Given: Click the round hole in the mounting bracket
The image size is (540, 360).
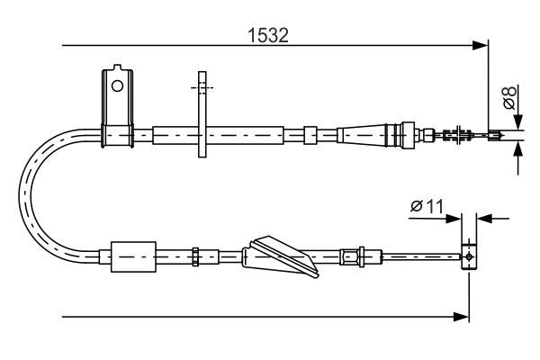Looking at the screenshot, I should [x=115, y=85].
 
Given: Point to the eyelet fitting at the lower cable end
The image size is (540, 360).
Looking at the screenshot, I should [x=468, y=256].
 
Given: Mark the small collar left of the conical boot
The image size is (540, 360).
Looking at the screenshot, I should [x=310, y=135].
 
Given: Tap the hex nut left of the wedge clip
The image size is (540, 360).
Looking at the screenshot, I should [x=195, y=256].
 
